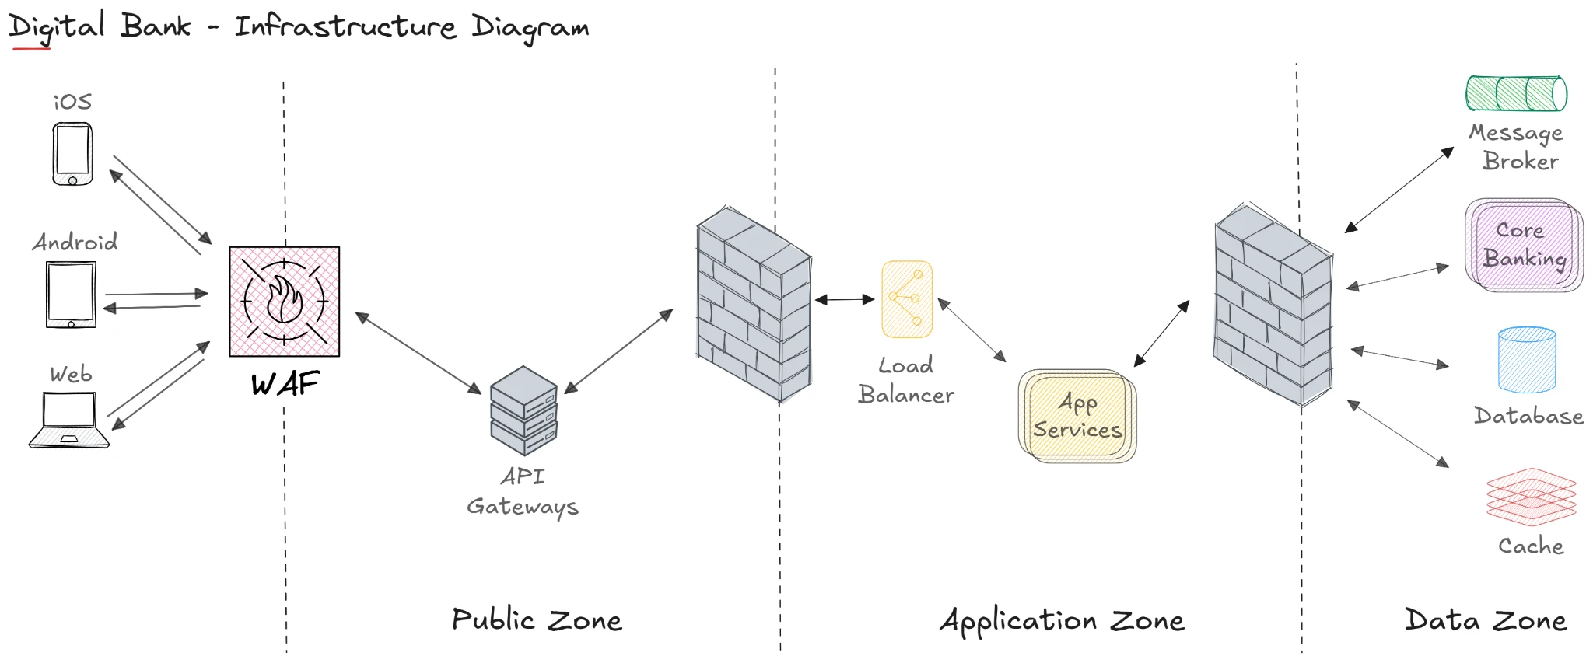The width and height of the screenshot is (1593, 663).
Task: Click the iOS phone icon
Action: (72, 154)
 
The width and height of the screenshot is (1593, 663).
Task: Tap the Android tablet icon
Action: (71, 295)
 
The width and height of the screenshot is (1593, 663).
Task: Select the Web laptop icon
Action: (69, 420)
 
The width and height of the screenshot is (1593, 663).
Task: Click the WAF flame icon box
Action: (284, 302)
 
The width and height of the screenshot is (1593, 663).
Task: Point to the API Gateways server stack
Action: (523, 411)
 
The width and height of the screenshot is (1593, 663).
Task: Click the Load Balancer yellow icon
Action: (907, 299)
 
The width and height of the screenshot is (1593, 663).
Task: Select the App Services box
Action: (1077, 416)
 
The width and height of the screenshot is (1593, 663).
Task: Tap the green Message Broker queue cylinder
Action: (1516, 94)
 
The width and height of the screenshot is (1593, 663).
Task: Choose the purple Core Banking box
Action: (1524, 245)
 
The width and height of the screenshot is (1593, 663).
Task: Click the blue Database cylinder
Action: (1526, 360)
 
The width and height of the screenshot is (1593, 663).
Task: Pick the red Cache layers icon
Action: (1531, 497)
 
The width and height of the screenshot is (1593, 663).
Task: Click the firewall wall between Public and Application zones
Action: (754, 305)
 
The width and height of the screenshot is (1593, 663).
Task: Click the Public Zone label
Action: (537, 620)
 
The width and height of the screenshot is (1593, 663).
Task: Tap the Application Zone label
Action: (1062, 621)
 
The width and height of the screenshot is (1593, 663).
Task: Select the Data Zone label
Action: (1486, 620)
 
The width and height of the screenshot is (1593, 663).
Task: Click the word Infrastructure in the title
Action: (345, 27)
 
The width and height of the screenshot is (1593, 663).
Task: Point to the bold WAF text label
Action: (285, 384)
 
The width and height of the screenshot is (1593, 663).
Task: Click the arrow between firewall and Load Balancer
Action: (845, 299)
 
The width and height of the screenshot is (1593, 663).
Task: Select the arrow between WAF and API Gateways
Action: (418, 353)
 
